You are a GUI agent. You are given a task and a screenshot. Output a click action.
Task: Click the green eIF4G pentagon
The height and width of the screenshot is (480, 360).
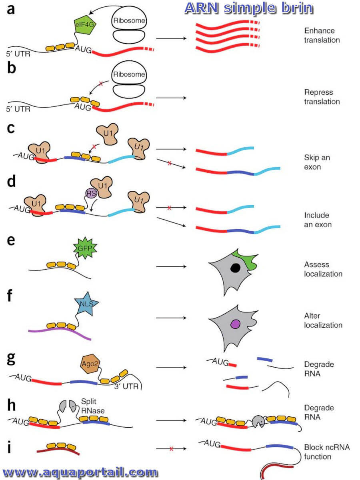click(x=85, y=25)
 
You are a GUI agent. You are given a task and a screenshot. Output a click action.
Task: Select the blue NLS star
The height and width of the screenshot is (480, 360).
click(x=86, y=304)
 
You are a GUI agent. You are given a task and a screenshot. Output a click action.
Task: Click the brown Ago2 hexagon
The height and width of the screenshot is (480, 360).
click(x=90, y=364)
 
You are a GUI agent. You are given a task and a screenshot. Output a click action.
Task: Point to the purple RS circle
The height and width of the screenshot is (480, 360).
click(x=91, y=193)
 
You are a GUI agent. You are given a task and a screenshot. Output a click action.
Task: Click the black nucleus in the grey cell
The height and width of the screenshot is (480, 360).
click(x=236, y=268)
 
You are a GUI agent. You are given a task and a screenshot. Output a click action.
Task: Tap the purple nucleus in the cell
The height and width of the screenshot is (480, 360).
click(x=236, y=324)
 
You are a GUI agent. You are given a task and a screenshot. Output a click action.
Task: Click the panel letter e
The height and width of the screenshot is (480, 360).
click(x=11, y=240)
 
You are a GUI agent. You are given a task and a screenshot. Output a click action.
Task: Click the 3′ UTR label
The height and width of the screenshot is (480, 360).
click(x=126, y=386)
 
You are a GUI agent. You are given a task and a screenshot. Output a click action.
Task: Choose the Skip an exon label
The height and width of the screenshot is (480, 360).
click(x=317, y=162)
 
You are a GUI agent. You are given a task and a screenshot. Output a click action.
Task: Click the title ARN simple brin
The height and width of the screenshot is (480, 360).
click(x=249, y=8)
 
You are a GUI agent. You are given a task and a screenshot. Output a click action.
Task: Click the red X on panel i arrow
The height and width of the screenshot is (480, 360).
click(x=171, y=449)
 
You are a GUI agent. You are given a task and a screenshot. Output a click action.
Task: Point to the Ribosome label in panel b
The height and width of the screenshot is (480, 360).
click(x=129, y=74)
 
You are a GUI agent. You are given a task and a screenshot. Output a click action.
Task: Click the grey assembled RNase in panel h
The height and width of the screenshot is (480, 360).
click(x=259, y=421)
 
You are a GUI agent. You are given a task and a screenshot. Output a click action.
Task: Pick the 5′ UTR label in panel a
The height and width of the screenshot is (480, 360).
click(x=18, y=54)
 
